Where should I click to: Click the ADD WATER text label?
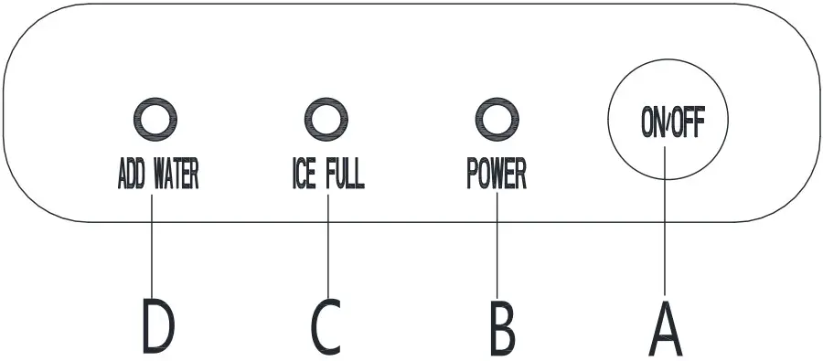click(157, 175)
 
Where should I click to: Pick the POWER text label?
click(497, 175)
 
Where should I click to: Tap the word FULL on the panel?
click(344, 175)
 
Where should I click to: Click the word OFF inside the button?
click(688, 123)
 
